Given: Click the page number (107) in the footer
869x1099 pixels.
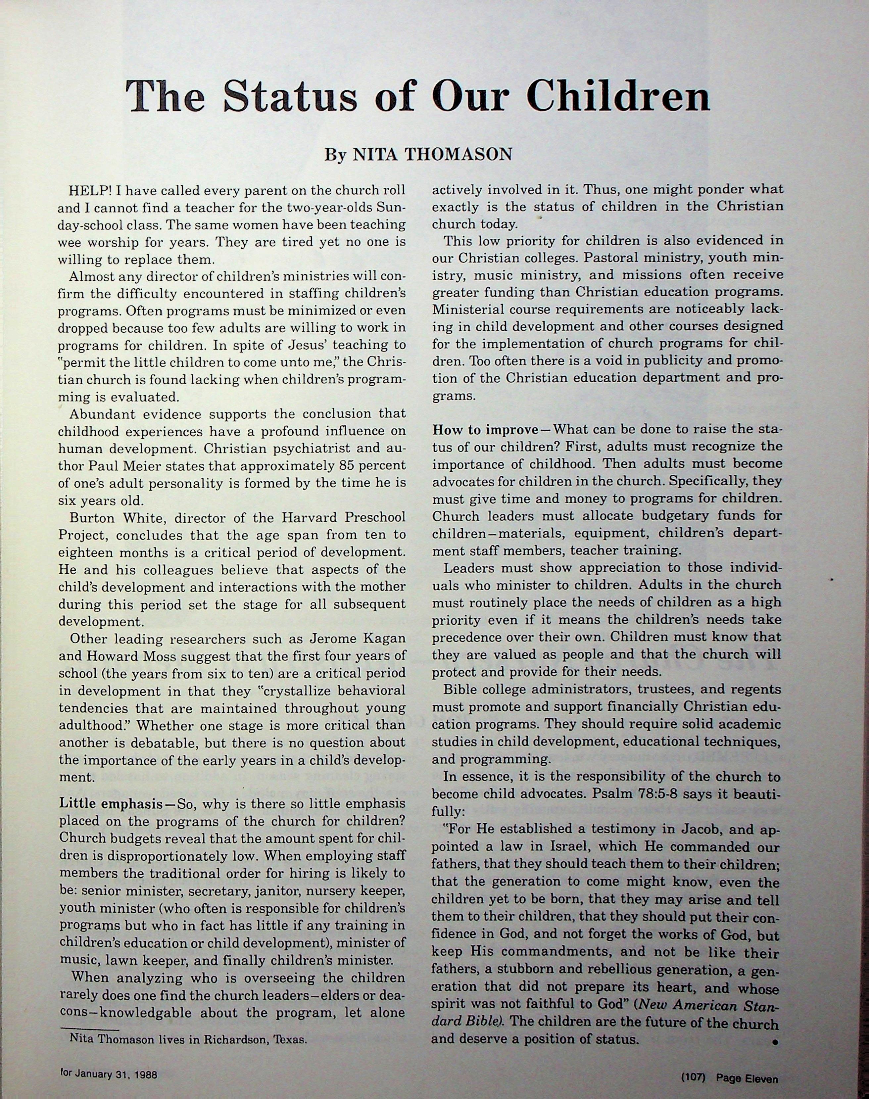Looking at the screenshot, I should (693, 1063).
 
